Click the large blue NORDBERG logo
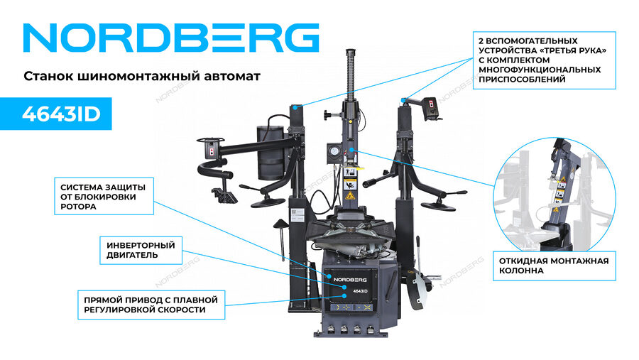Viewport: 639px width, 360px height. (x=171, y=38)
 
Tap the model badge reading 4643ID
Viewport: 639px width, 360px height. (x=56, y=114)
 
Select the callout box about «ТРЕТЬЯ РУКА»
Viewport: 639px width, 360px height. (x=544, y=60)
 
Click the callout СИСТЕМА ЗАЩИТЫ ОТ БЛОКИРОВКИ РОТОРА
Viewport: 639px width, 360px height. (x=104, y=196)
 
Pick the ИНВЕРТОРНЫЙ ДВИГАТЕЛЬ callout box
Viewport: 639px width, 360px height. (x=141, y=251)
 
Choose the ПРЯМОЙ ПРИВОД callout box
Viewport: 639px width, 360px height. (x=151, y=305)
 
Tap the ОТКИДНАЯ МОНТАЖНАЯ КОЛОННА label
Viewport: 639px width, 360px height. (x=555, y=266)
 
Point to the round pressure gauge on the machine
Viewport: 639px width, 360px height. (x=334, y=153)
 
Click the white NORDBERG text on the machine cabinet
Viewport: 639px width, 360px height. (x=350, y=280)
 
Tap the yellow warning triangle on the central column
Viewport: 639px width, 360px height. (x=349, y=195)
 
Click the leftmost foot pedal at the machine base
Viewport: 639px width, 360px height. (x=331, y=329)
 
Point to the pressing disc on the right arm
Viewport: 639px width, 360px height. (x=437, y=207)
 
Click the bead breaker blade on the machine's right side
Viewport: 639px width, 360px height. (x=417, y=290)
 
